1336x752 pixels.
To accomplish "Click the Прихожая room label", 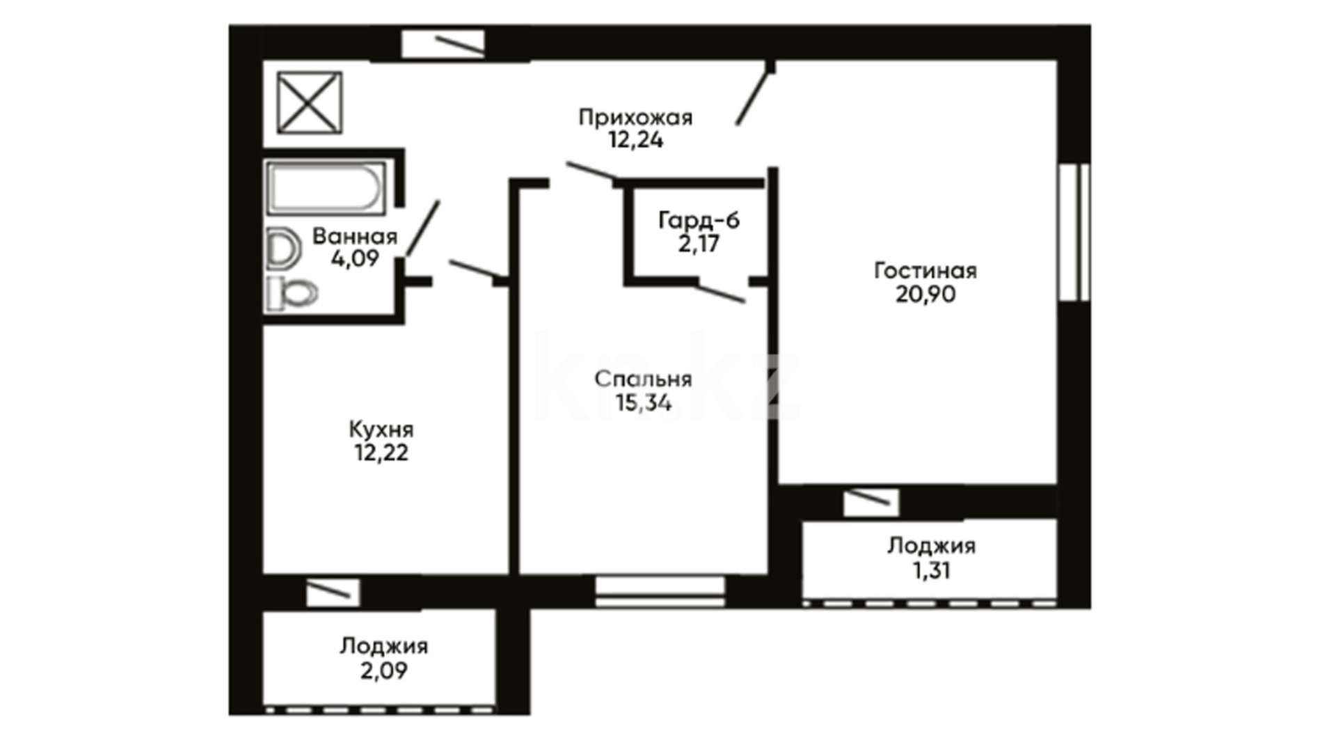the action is point(635,118).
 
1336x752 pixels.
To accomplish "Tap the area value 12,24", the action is point(636,140).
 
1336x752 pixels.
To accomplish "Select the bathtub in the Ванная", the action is point(325,187).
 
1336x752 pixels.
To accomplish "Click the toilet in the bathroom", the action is point(292,293).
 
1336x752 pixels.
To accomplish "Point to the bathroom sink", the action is point(283,249).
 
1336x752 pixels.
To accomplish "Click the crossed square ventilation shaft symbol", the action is point(309,102).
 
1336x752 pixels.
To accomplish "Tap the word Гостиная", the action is point(925,271).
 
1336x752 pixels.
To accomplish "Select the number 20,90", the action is point(925,295).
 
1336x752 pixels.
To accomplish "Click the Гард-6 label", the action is point(699,221).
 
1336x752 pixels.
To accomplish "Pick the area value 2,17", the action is point(699,244).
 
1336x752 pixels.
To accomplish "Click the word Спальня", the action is point(643,379).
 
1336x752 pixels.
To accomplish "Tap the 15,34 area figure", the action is point(643,402).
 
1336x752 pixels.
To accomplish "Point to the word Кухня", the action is point(381,430).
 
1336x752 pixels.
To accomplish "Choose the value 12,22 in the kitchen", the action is point(381,453).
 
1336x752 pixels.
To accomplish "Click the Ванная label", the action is point(355,237).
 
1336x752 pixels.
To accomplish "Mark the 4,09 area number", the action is point(355,259).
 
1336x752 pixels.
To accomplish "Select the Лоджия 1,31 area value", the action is point(931,571).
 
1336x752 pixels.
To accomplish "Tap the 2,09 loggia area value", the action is point(383,671).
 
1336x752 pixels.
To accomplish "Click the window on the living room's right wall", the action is point(1074,232).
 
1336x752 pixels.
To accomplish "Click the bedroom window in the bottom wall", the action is point(660,591).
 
